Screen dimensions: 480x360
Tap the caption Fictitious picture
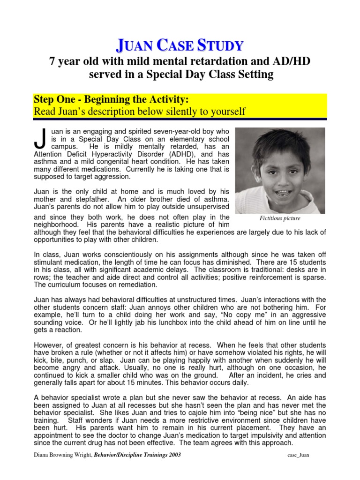(280, 218)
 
